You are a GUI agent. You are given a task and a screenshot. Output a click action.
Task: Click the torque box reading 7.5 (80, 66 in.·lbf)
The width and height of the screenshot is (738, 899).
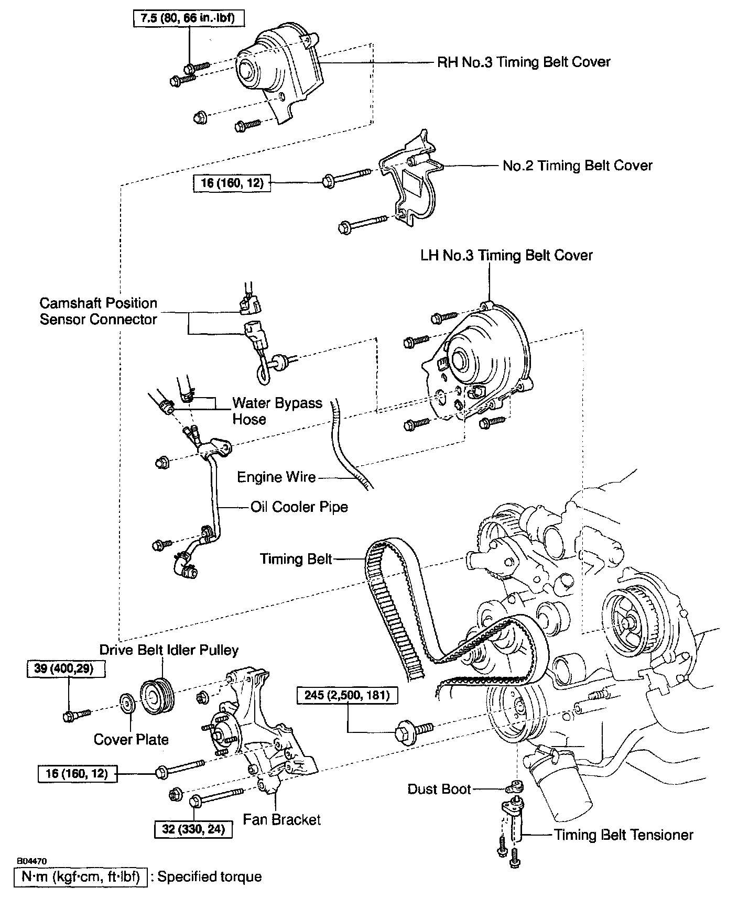tap(188, 18)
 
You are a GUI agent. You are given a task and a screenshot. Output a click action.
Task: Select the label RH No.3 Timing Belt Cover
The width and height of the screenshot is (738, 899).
tap(524, 62)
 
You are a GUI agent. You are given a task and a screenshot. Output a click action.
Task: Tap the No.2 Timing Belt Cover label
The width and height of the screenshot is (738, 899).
tap(577, 166)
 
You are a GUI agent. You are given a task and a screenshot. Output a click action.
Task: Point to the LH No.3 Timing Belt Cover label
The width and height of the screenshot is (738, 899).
tap(506, 256)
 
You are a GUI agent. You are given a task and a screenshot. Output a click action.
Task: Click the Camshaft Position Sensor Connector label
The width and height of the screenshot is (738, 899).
tap(99, 311)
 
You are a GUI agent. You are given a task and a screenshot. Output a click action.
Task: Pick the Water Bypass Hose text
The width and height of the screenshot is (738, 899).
tap(277, 411)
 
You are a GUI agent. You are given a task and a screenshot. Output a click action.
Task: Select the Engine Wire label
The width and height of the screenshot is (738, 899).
tap(276, 477)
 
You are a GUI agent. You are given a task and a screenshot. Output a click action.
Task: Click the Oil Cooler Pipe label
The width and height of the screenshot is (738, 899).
tap(299, 507)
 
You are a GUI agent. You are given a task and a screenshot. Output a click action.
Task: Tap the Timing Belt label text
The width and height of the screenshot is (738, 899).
tap(296, 559)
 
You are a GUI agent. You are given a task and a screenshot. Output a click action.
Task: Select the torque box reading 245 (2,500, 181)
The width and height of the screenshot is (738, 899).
tap(347, 695)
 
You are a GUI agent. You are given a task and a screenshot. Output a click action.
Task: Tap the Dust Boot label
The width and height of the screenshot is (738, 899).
tap(439, 789)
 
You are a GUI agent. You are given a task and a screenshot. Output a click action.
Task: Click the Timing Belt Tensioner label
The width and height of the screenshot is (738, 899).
tap(623, 835)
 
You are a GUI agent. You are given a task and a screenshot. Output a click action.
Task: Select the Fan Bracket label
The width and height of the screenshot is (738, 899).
tap(281, 819)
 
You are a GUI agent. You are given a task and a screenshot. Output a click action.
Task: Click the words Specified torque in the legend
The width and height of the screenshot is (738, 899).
tap(209, 876)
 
